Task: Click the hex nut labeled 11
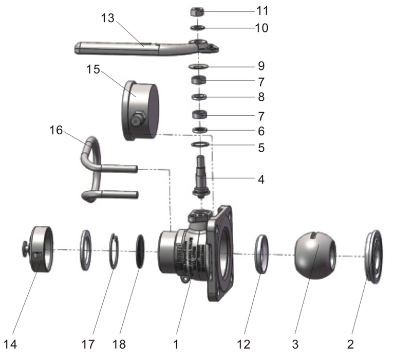point(198,11)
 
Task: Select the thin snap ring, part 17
point(116,250)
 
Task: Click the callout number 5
point(261,148)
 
